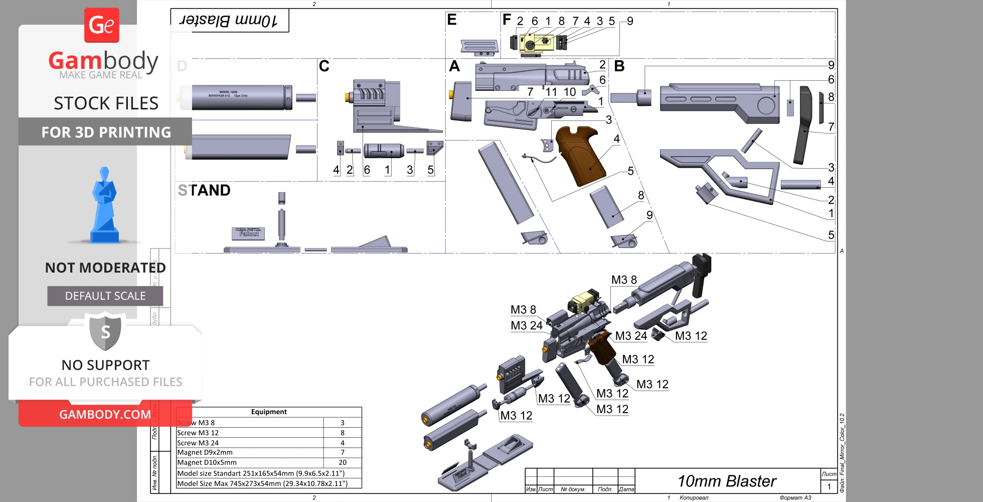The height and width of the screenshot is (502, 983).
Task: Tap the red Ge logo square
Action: [x=102, y=25]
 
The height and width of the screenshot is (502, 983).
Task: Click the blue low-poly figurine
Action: [x=104, y=206]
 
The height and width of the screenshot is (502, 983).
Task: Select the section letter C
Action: [x=324, y=66]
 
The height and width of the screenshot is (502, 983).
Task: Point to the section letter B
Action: [x=619, y=66]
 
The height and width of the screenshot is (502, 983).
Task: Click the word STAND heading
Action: [x=204, y=190]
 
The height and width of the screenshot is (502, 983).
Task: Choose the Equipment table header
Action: [x=269, y=412]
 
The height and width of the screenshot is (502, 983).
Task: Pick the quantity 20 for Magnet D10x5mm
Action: [x=343, y=462]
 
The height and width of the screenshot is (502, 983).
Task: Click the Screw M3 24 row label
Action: [x=198, y=443]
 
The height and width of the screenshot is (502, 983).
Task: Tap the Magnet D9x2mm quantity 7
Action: [x=343, y=452]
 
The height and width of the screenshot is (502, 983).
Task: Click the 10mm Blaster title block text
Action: [x=727, y=481]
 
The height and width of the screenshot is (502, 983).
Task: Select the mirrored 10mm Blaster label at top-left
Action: [x=229, y=21]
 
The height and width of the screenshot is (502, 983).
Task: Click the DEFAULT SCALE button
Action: [x=105, y=296]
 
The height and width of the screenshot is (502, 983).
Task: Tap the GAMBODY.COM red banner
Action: [x=105, y=414]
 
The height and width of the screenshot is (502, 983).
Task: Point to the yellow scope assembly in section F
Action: [x=536, y=43]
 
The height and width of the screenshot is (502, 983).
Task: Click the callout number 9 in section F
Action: [x=630, y=21]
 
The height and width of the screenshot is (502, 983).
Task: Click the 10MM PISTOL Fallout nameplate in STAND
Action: [x=249, y=232]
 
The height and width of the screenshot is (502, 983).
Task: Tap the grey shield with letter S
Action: [x=105, y=331]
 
